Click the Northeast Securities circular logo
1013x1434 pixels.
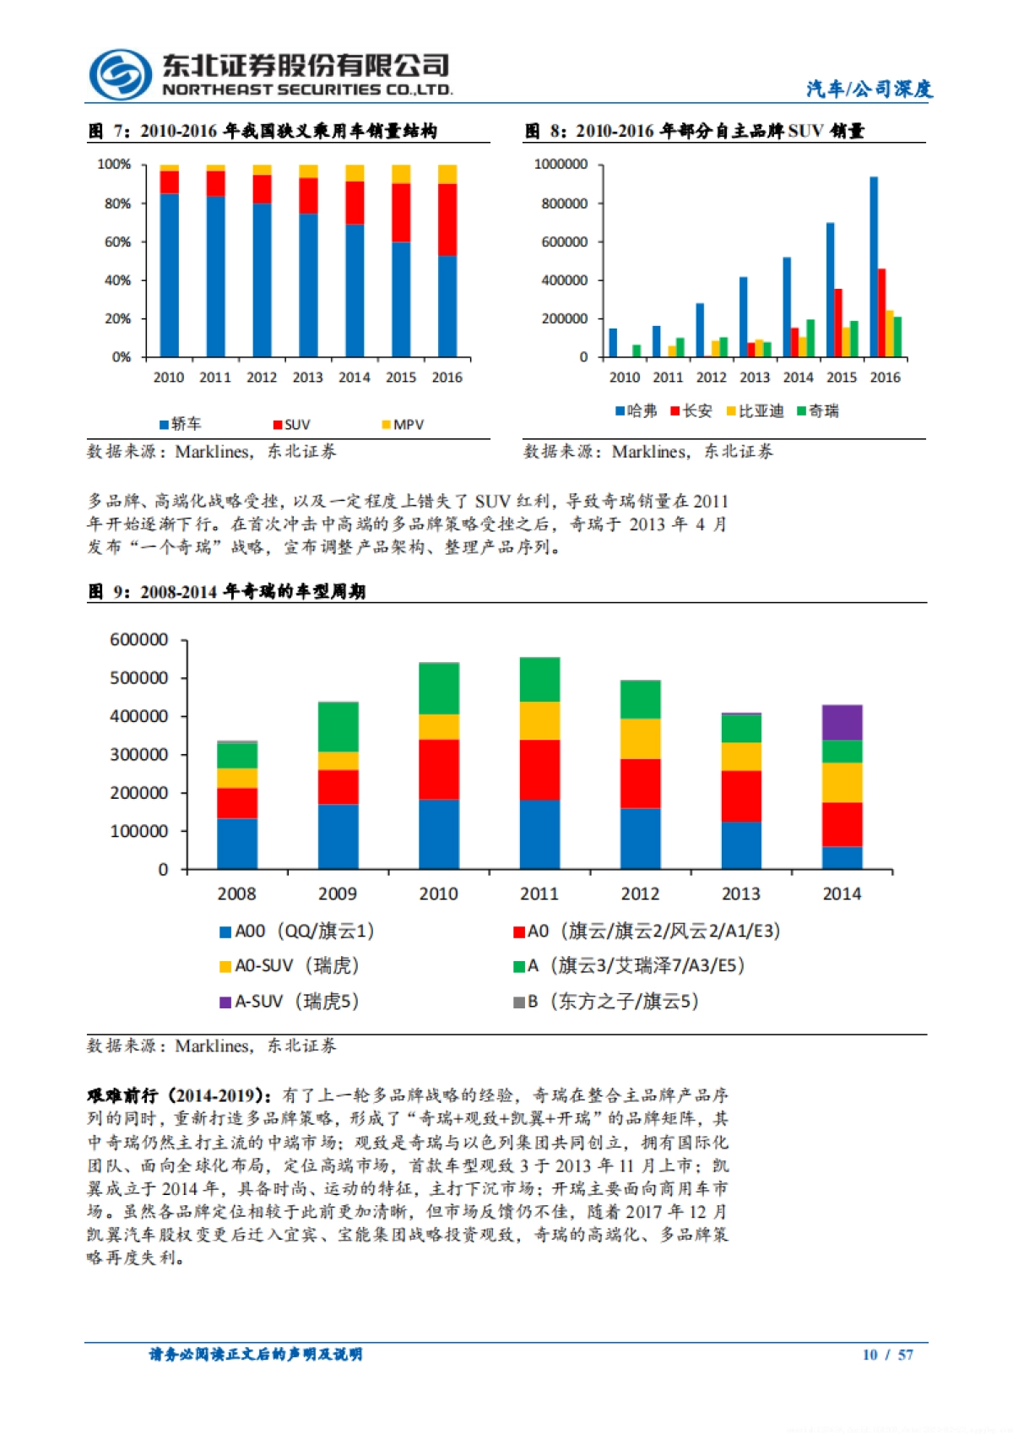tap(120, 74)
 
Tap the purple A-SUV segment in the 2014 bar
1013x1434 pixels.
tap(842, 722)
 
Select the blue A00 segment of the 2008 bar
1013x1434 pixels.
tap(237, 843)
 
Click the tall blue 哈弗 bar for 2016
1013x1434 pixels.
tap(874, 267)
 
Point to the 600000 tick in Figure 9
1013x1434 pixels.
tap(139, 640)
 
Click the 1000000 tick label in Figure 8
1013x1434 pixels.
tap(561, 164)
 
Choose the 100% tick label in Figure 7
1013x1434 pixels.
tap(114, 164)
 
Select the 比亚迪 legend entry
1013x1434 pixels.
tap(756, 411)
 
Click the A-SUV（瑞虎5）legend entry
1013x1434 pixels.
tap(290, 1002)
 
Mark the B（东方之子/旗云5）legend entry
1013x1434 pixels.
tap(607, 1002)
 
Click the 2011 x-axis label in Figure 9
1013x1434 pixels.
tap(539, 894)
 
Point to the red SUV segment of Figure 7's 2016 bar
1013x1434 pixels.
tap(447, 220)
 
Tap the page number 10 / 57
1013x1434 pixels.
tap(887, 1355)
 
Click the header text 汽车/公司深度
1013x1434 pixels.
tap(869, 89)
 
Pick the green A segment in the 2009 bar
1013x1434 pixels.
tap(338, 726)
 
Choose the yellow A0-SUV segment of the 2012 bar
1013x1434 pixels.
tap(641, 739)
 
